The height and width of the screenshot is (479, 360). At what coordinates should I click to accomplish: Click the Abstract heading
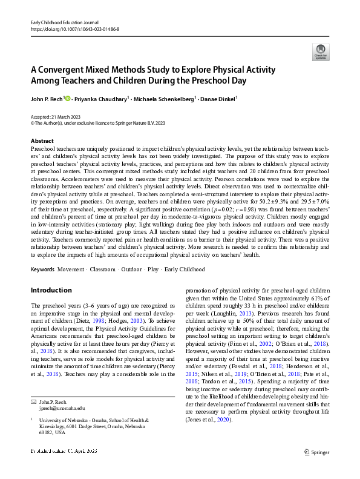click(x=42, y=140)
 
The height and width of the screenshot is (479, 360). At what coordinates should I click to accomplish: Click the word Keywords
click(x=43, y=268)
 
